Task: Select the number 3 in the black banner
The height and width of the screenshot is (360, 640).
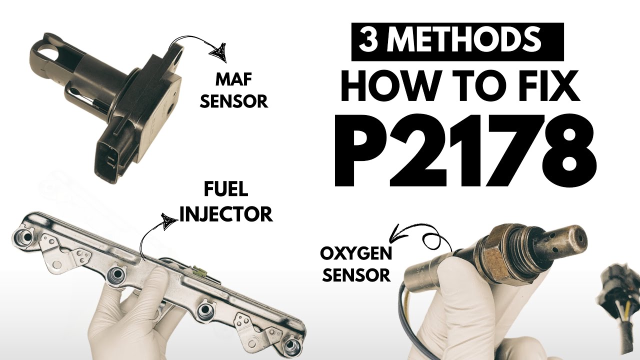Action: (369, 41)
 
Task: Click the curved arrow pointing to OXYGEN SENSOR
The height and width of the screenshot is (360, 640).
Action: (420, 235)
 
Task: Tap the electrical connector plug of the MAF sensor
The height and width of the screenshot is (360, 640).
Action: (112, 157)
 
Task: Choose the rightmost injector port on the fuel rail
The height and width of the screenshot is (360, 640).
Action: (291, 346)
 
